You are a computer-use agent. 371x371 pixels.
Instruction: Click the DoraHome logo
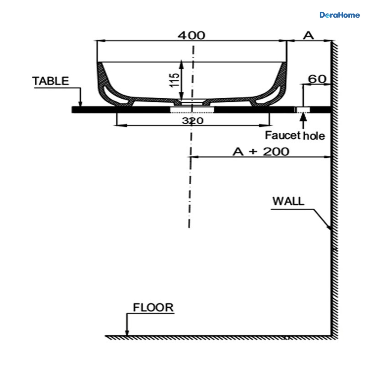pyautogui.click(x=339, y=15)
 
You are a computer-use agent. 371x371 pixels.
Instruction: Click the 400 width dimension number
pyautogui.click(x=191, y=36)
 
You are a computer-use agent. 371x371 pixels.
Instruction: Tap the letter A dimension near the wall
pyautogui.click(x=309, y=36)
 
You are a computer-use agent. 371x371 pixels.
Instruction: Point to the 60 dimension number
pyautogui.click(x=317, y=79)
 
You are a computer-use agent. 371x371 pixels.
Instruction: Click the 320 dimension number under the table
pyautogui.click(x=193, y=121)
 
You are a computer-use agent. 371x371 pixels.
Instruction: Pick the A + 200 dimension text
pyautogui.click(x=261, y=152)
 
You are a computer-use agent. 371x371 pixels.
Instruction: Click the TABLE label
pyautogui.click(x=51, y=81)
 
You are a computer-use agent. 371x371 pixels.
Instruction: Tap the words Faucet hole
pyautogui.click(x=295, y=135)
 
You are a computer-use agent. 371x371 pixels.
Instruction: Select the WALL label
pyautogui.click(x=288, y=201)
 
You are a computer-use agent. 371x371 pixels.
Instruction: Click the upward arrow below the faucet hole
pyautogui.click(x=303, y=121)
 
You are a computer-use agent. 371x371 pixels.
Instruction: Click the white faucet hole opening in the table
pyautogui.click(x=303, y=110)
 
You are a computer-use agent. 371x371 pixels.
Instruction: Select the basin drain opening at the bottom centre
pyautogui.click(x=192, y=102)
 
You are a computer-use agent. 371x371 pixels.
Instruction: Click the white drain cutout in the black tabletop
pyautogui.click(x=192, y=110)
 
